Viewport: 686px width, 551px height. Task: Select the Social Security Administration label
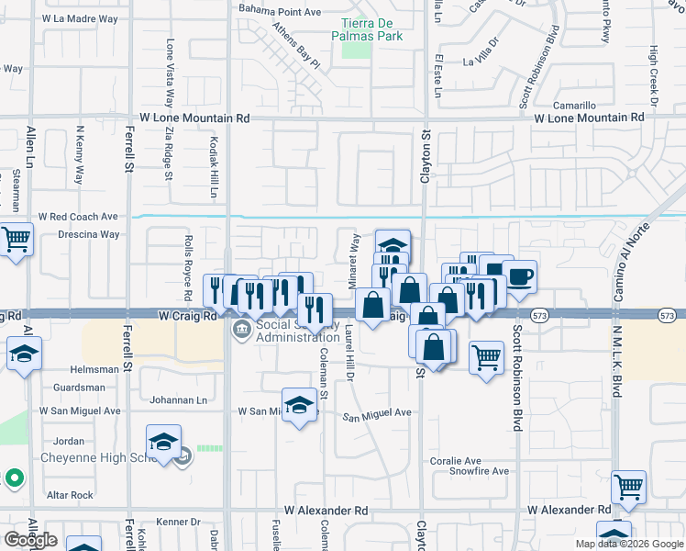(x=298, y=331)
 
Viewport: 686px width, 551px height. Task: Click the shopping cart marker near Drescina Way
(x=16, y=241)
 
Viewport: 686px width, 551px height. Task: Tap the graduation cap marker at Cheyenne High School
(x=164, y=442)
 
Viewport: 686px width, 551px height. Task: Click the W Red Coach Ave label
(x=78, y=217)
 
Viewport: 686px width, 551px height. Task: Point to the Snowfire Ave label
(x=479, y=471)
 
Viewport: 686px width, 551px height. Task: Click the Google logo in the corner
(x=30, y=540)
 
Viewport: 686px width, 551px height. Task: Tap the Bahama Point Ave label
(x=280, y=11)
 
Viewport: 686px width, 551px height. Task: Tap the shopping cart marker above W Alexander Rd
(x=628, y=487)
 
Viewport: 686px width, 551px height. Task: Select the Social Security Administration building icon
(x=241, y=330)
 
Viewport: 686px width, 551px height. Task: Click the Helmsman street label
(x=93, y=369)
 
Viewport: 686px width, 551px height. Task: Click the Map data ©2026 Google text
(x=629, y=544)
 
